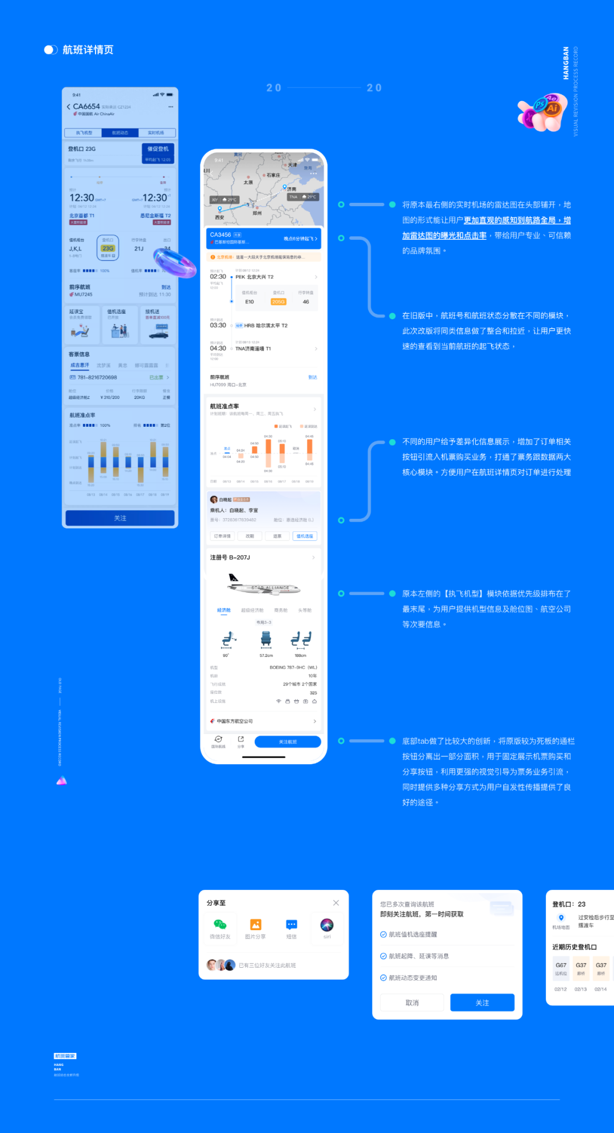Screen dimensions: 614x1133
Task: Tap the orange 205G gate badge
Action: pyautogui.click(x=279, y=302)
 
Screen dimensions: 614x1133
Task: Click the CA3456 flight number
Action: pyautogui.click(x=221, y=235)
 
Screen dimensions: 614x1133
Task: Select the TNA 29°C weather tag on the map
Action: pyautogui.click(x=302, y=197)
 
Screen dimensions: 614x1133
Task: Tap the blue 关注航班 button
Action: pyautogui.click(x=288, y=742)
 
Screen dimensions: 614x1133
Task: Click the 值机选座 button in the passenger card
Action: pyautogui.click(x=305, y=536)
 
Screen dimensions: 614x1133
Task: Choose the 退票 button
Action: pyautogui.click(x=277, y=536)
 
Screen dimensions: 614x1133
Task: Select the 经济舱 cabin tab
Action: pyautogui.click(x=224, y=610)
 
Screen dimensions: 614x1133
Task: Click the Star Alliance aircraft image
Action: pyautogui.click(x=264, y=585)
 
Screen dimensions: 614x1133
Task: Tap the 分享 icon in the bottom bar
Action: pyautogui.click(x=241, y=740)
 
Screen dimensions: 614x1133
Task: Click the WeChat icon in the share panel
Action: pyautogui.click(x=220, y=924)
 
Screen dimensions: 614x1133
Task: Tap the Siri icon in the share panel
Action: pyautogui.click(x=327, y=924)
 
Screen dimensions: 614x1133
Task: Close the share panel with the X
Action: pyautogui.click(x=336, y=903)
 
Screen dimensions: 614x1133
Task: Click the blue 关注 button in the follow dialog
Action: pyautogui.click(x=482, y=1003)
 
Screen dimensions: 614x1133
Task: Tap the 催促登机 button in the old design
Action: pyautogui.click(x=158, y=149)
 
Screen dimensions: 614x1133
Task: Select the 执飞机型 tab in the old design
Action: pyautogui.click(x=84, y=133)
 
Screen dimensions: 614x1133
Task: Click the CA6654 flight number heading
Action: pyautogui.click(x=86, y=106)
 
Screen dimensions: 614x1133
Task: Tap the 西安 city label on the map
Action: pyautogui.click(x=219, y=218)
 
